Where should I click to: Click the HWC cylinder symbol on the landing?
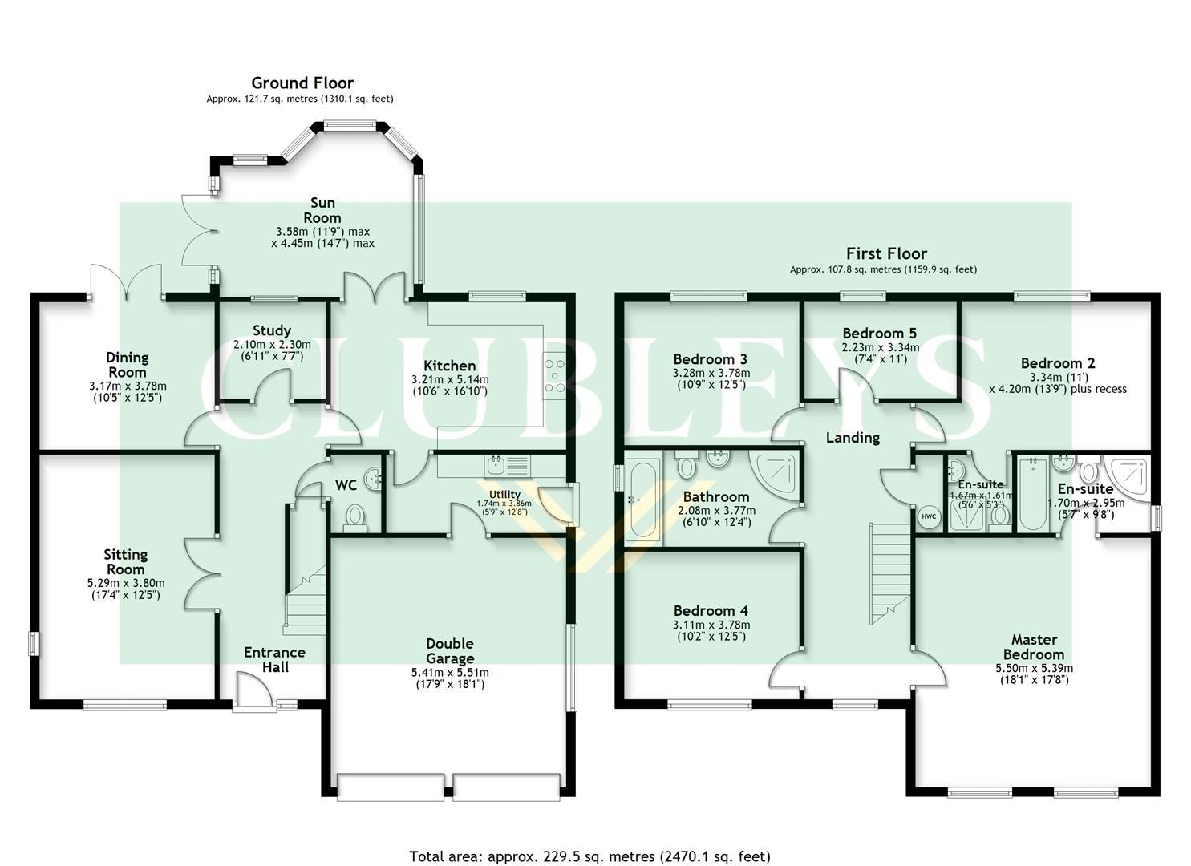tap(929, 517)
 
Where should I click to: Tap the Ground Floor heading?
tap(302, 83)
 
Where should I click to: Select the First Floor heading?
tap(885, 253)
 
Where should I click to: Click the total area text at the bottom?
tap(589, 856)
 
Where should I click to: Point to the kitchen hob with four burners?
tap(554, 374)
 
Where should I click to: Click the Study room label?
tap(271, 330)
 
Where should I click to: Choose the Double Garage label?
tap(449, 651)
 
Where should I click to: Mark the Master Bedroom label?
tap(1034, 646)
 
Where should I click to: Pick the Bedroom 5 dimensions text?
tap(880, 354)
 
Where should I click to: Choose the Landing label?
tap(853, 437)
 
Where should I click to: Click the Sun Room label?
tap(322, 210)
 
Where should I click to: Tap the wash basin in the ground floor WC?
tap(374, 480)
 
